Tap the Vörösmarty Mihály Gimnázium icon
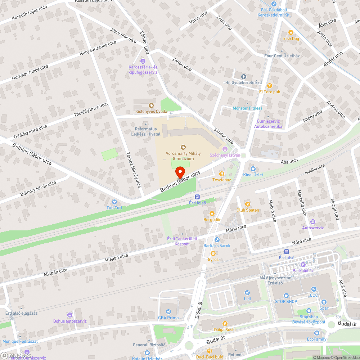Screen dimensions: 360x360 183,147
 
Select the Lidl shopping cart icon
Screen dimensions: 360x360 247,293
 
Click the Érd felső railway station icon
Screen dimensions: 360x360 197,197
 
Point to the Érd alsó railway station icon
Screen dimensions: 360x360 287,252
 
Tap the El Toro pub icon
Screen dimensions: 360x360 270,86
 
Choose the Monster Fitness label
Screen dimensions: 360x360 247,108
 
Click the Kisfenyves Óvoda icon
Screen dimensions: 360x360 151,105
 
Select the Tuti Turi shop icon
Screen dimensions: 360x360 114,202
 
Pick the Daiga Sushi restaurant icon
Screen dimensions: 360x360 225,323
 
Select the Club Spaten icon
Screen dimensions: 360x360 248,204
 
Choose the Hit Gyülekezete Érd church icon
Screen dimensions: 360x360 243,77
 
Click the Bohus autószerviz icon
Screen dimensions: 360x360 70,315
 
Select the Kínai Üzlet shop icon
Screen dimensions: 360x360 253,168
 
